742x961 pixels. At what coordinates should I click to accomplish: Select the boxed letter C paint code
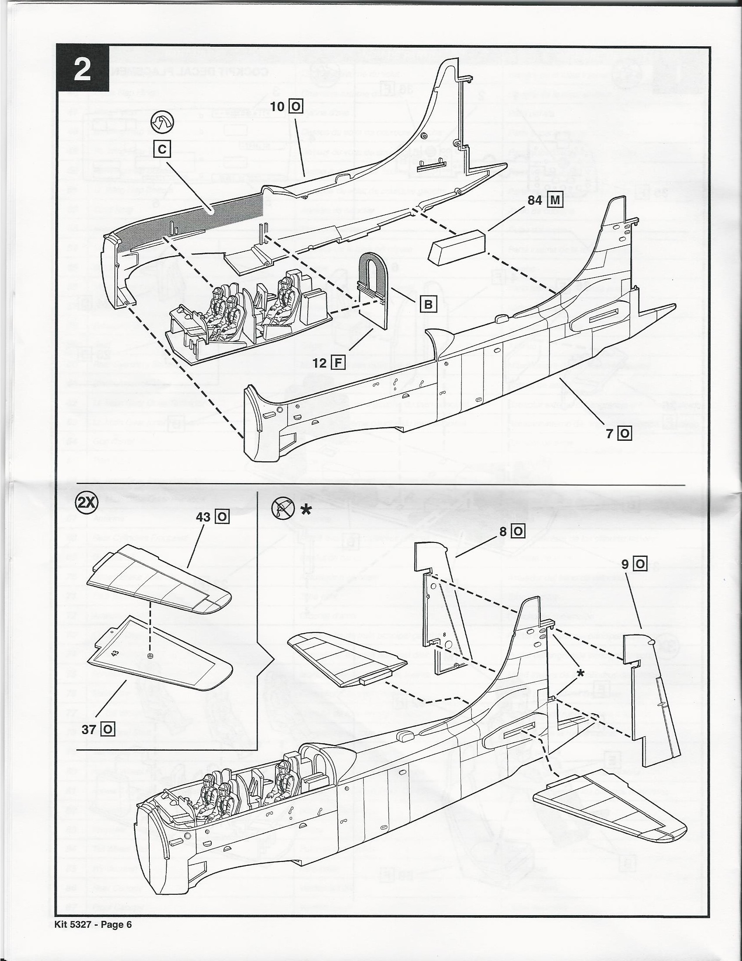(x=162, y=150)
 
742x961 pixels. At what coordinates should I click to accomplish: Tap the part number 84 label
(x=535, y=200)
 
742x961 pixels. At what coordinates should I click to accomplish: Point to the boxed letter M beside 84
(x=554, y=200)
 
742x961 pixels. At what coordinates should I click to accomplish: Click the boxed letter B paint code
(x=428, y=304)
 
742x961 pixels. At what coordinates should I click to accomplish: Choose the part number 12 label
(x=320, y=363)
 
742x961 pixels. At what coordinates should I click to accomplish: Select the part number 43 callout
(x=203, y=517)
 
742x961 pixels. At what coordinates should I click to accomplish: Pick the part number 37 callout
(x=89, y=730)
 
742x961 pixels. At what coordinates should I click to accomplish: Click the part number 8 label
(x=503, y=531)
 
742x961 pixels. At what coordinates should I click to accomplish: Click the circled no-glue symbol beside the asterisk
(x=282, y=509)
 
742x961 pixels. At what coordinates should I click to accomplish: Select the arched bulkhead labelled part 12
(x=372, y=290)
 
